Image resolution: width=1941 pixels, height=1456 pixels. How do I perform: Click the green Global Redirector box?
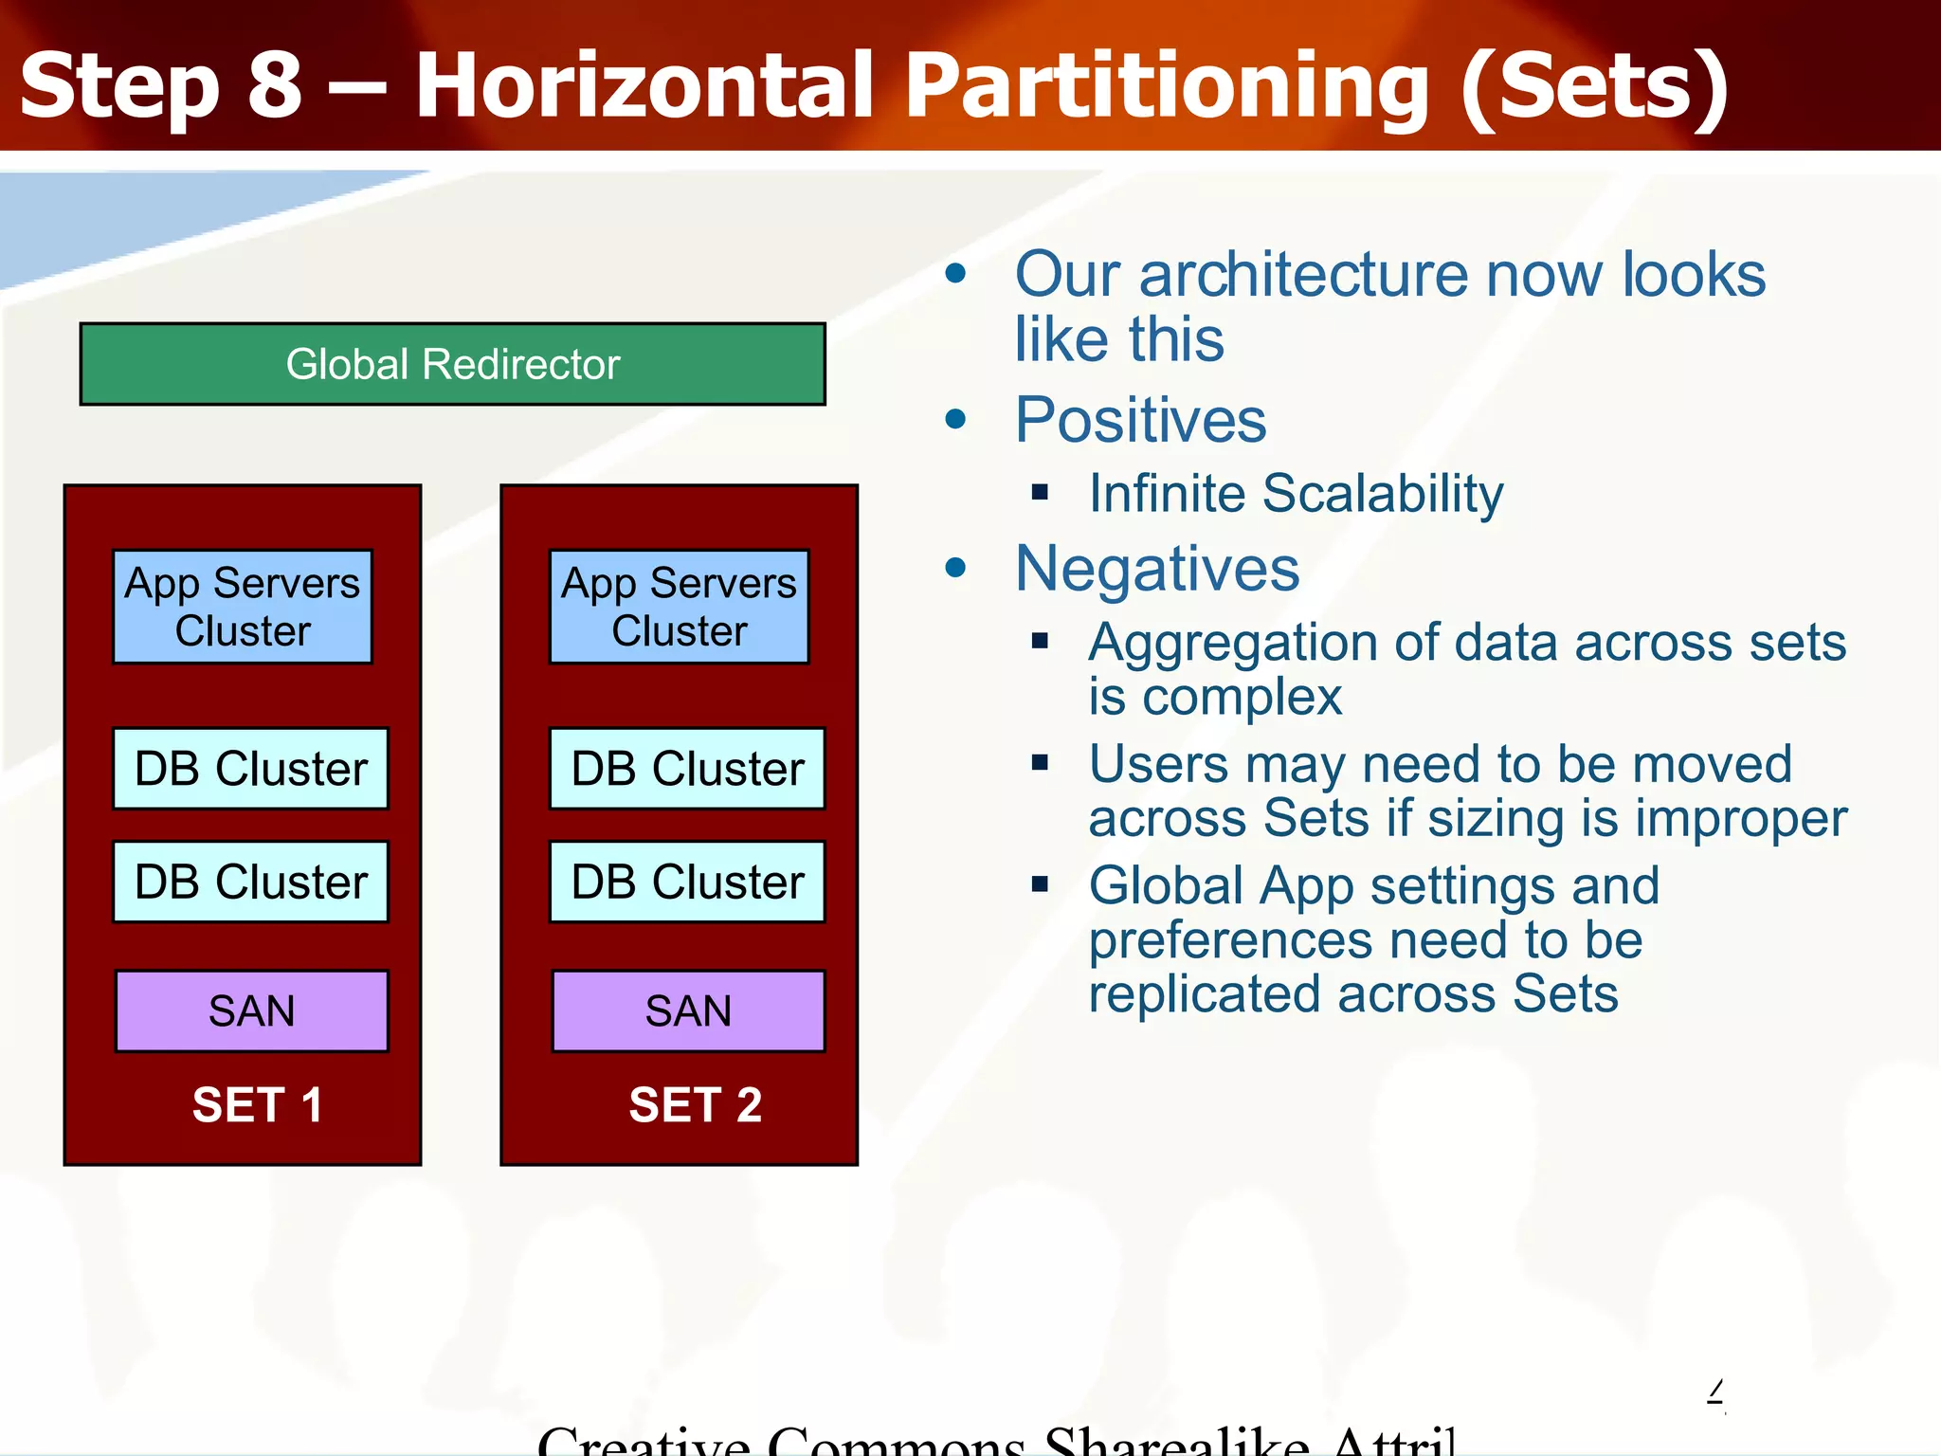pyautogui.click(x=452, y=364)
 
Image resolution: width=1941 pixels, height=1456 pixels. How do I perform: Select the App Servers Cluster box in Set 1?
pyautogui.click(x=243, y=607)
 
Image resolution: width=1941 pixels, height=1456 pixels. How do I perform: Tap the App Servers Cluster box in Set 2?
pyautogui.click(x=679, y=607)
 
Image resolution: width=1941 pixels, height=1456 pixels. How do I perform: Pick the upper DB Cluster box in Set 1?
pyautogui.click(x=250, y=768)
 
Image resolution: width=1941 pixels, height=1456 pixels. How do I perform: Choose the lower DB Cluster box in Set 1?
pyautogui.click(x=250, y=882)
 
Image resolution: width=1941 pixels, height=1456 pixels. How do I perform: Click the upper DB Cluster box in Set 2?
pyautogui.click(x=687, y=768)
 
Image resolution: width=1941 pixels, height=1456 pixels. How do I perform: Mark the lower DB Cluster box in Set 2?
pyautogui.click(x=687, y=882)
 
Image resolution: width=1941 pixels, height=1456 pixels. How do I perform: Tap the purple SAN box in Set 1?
pyautogui.click(x=251, y=1010)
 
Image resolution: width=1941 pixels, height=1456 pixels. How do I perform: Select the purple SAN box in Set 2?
pyautogui.click(x=688, y=1010)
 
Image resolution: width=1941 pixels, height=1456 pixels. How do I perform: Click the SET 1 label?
pyautogui.click(x=257, y=1105)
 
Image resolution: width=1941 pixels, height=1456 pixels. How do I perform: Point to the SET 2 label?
pyautogui.click(x=695, y=1105)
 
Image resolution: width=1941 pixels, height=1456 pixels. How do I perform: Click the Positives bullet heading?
pyautogui.click(x=1140, y=420)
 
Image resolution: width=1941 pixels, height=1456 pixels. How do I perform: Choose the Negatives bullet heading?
pyautogui.click(x=1156, y=569)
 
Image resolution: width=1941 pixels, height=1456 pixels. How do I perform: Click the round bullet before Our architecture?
pyautogui.click(x=956, y=274)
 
